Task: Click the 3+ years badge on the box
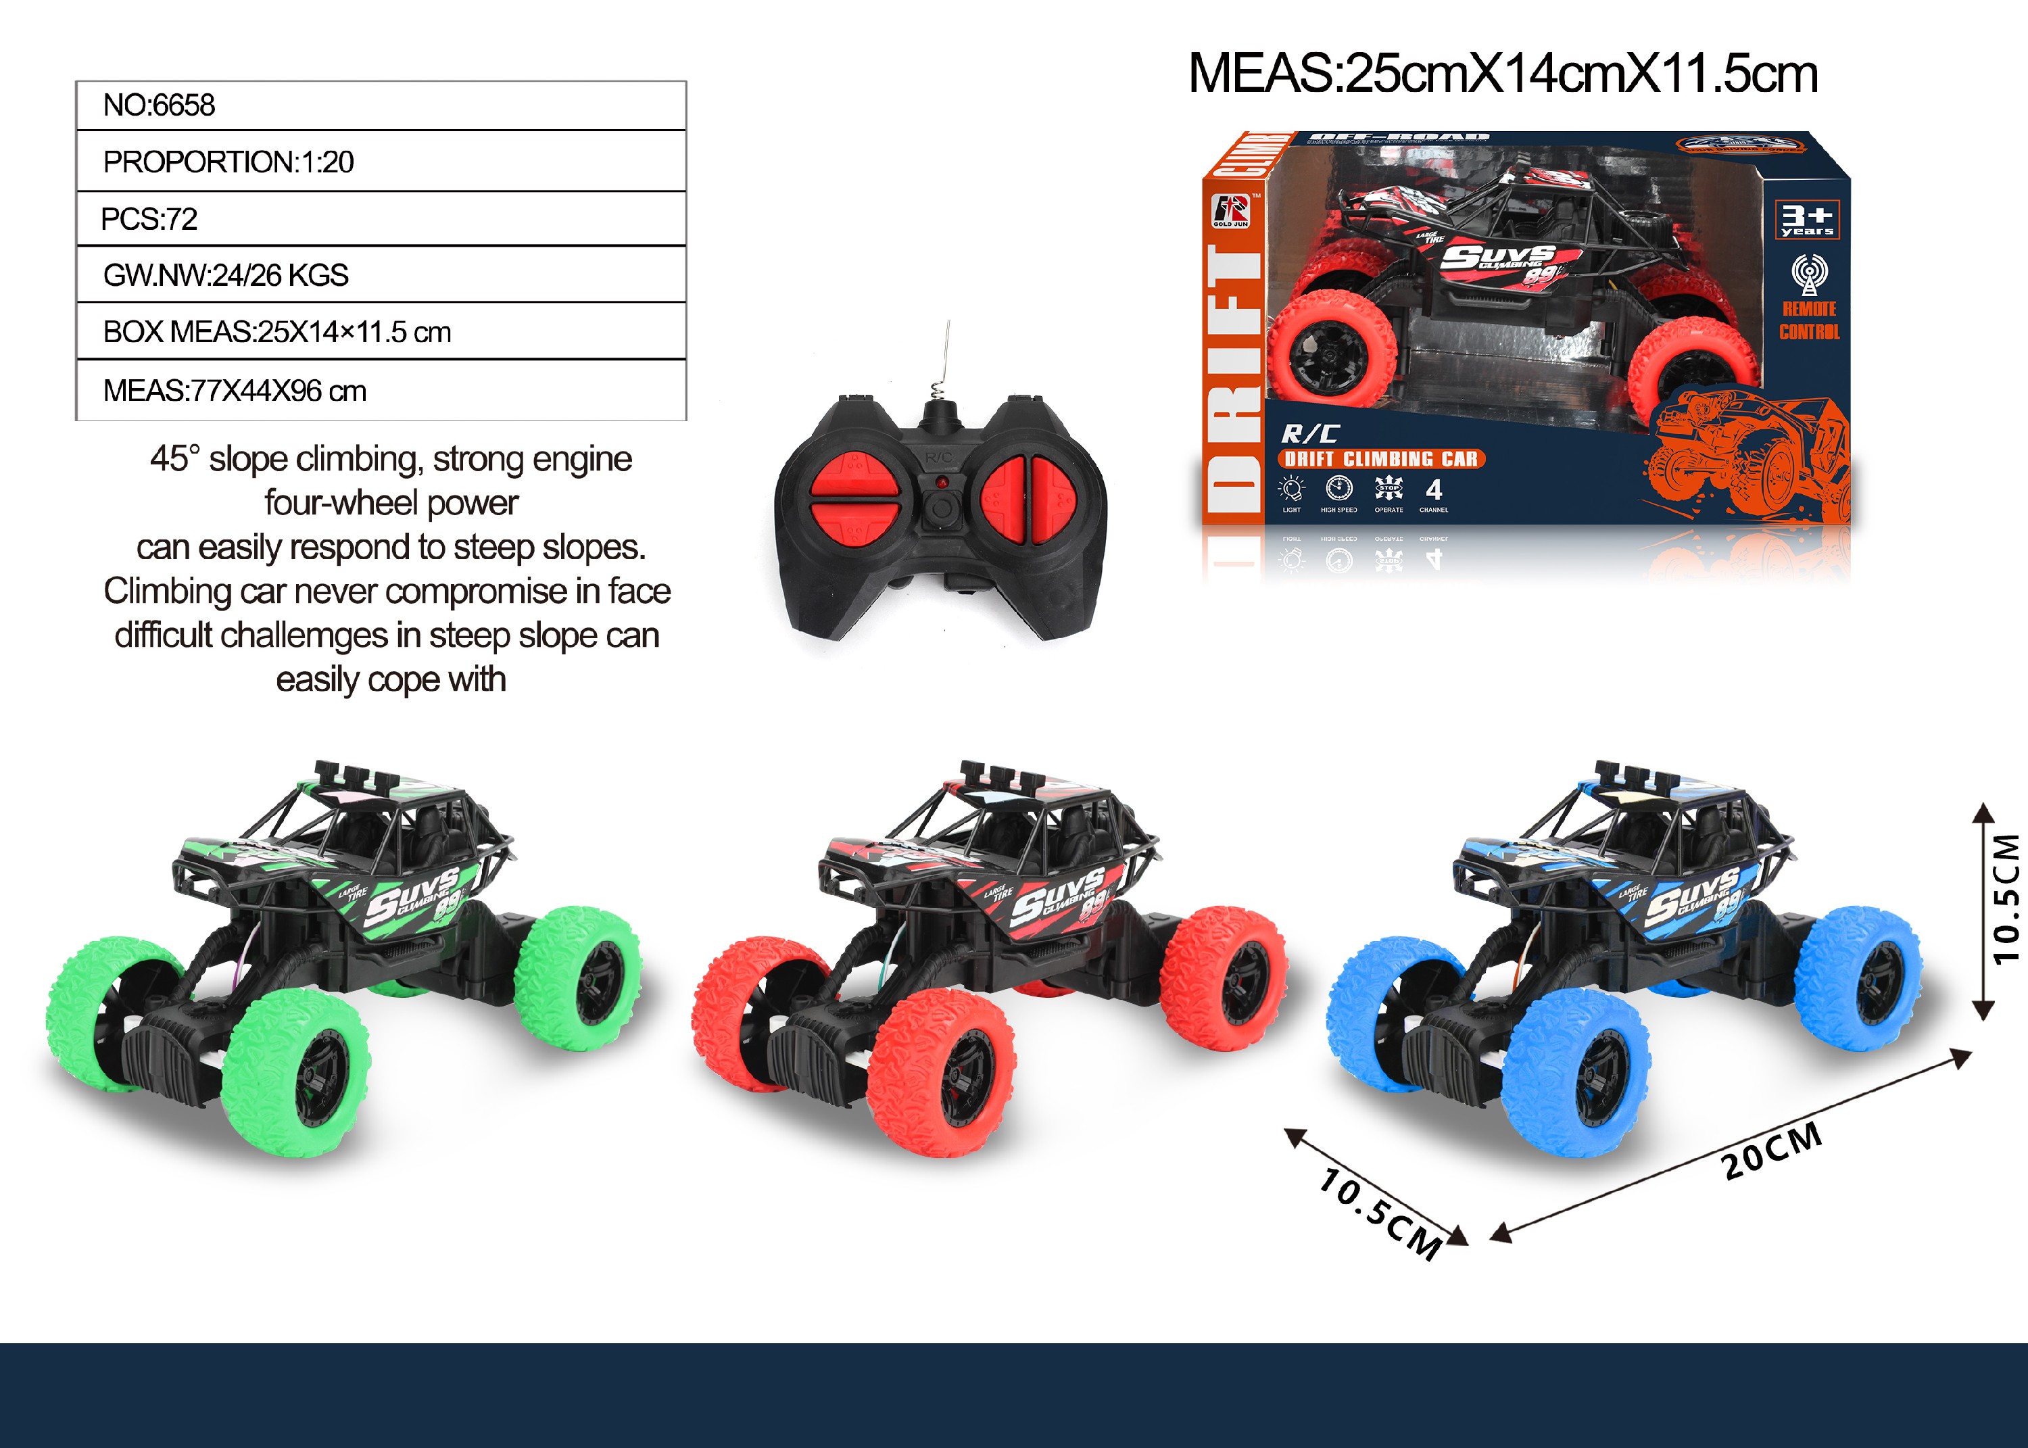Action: pyautogui.click(x=1806, y=219)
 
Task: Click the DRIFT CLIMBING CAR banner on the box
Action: pyautogui.click(x=1381, y=459)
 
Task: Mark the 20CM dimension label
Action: pyautogui.click(x=1770, y=1150)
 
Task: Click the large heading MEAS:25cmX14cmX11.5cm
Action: pyautogui.click(x=1503, y=73)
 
